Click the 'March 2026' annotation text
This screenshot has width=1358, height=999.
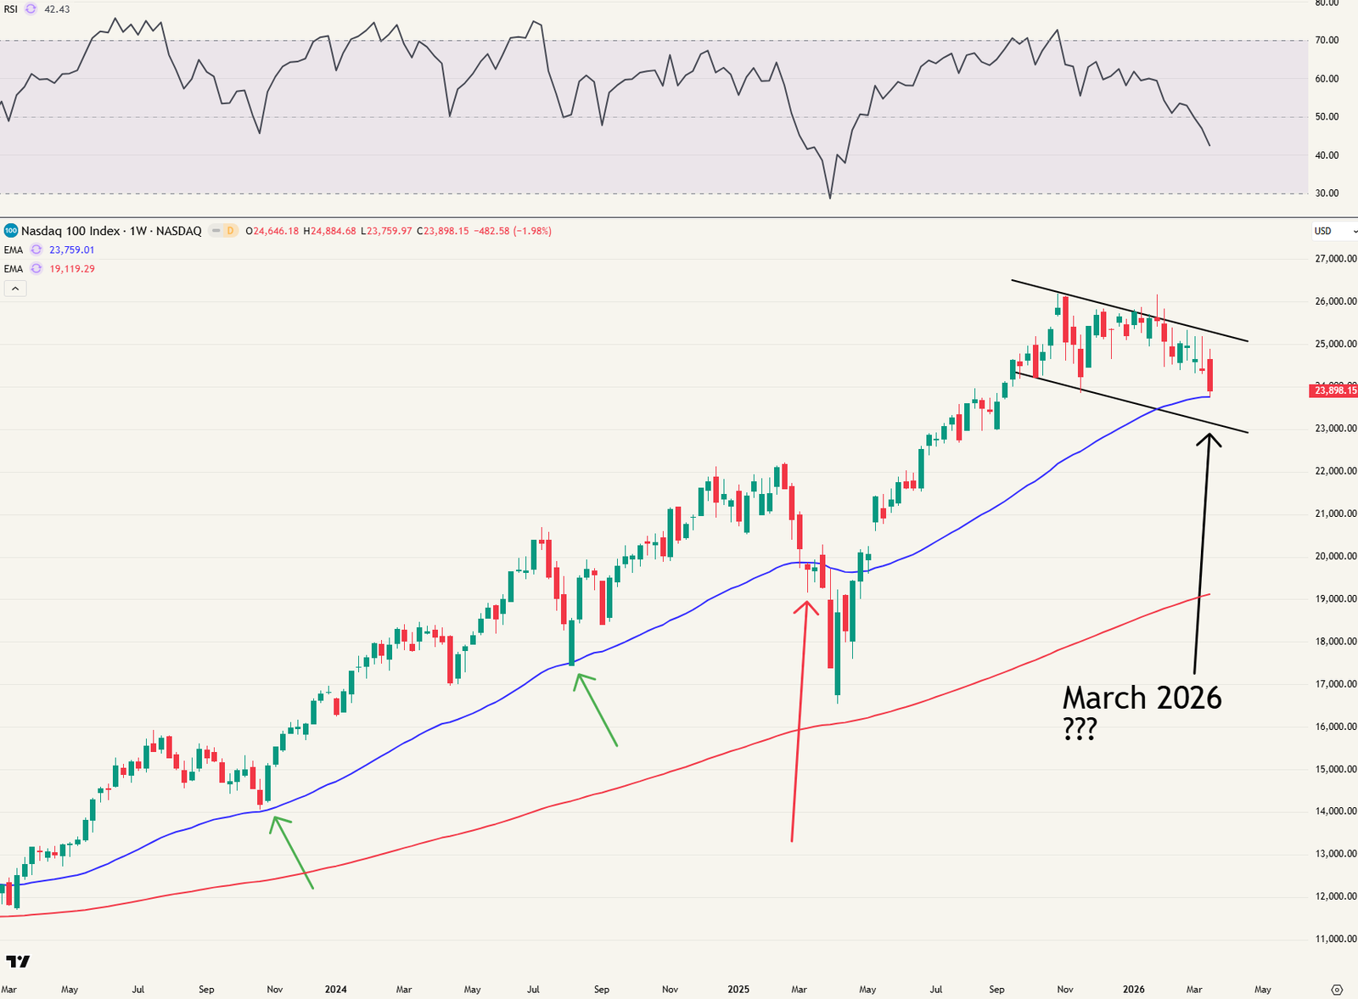(1142, 698)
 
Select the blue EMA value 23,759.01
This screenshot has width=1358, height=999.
(72, 250)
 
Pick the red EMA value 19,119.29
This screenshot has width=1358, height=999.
(72, 269)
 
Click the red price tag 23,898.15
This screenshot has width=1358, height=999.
(1334, 390)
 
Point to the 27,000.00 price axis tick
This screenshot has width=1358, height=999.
(1336, 259)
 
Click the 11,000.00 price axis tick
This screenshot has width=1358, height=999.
(1336, 939)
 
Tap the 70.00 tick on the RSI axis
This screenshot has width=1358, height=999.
(1327, 41)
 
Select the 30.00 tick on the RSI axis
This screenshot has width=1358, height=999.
(1327, 194)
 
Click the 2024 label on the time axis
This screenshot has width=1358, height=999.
(336, 990)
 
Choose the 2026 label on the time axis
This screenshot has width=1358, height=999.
(1134, 990)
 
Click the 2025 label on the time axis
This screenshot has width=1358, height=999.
(738, 990)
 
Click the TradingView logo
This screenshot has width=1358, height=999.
(18, 962)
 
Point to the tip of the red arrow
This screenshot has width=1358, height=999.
(805, 602)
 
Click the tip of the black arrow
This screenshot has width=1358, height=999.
(1208, 435)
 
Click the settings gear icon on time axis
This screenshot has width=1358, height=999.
(1337, 990)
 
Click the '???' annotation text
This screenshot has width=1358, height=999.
(1080, 729)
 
